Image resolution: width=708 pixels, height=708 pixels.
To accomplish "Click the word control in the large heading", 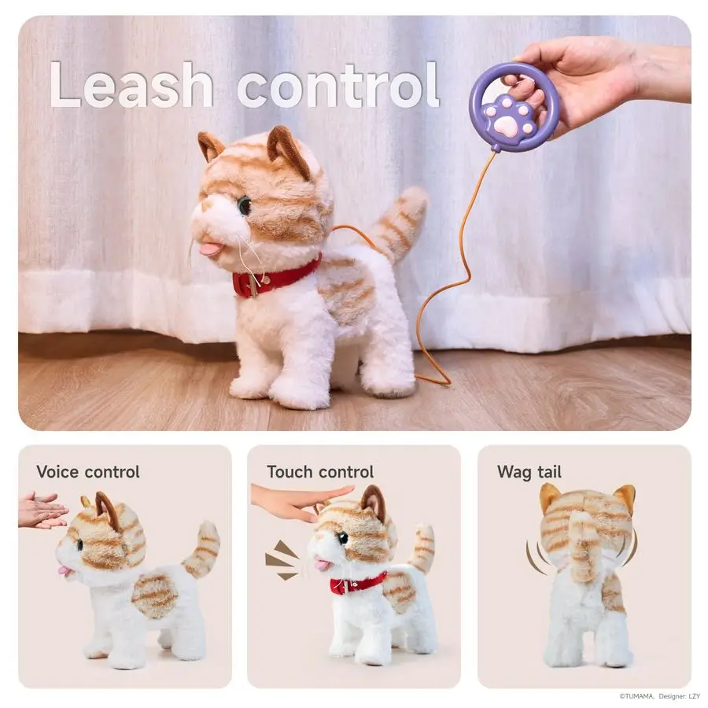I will pos(338,85).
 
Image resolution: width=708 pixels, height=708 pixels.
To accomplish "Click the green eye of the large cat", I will pos(244,205).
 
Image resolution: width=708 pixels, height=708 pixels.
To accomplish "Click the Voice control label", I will pos(88,472).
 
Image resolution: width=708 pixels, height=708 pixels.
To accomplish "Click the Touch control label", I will pos(319,472).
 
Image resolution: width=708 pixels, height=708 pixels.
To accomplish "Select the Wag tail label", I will pos(529,472).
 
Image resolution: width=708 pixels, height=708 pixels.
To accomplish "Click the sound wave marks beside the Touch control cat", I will pos(281,559).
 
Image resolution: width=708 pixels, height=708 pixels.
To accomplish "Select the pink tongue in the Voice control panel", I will pos(62,569).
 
